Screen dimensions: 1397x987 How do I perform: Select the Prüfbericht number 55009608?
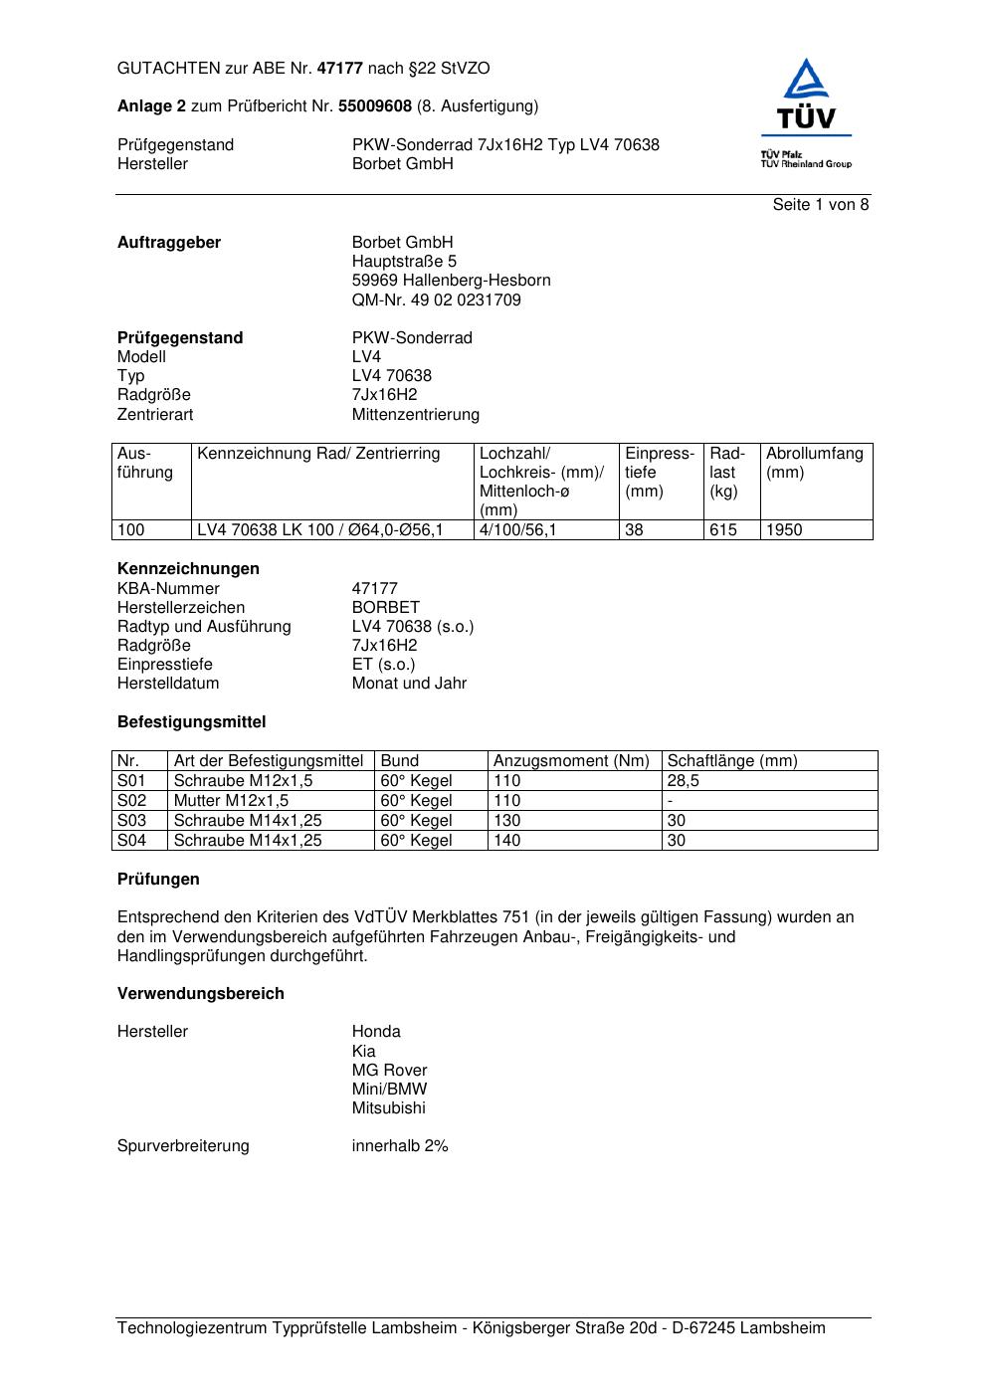pos(375,105)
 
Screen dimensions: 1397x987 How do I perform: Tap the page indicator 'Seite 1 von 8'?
pos(820,205)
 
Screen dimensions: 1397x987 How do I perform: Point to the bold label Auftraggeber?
pos(169,243)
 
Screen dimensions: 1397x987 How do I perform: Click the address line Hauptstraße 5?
pos(404,262)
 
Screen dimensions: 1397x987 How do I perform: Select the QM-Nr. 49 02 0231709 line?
pos(436,299)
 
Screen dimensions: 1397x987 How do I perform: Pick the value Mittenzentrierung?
pos(415,414)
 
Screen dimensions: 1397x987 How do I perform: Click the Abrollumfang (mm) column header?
pos(814,463)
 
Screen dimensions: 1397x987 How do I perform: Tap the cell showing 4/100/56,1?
pos(517,530)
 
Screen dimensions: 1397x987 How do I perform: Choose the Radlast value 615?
pos(723,530)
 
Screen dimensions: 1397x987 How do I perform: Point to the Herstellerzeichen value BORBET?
pos(385,607)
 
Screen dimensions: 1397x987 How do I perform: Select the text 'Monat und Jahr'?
pos(409,684)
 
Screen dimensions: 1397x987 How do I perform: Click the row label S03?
pos(131,821)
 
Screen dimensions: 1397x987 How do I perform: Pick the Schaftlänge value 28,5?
pos(683,781)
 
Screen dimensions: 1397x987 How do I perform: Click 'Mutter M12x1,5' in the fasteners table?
pos(231,801)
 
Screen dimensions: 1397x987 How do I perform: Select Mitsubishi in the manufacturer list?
pos(388,1107)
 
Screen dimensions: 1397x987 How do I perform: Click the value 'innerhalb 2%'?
pos(400,1146)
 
